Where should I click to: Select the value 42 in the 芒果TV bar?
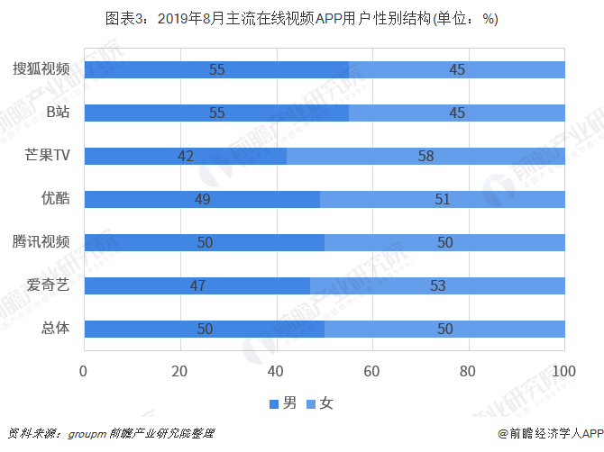(186, 156)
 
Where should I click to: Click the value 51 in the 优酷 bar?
(442, 199)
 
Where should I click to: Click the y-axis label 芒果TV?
(47, 156)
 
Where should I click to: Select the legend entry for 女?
(320, 402)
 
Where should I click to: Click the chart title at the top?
(301, 18)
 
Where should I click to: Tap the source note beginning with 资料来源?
(111, 433)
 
